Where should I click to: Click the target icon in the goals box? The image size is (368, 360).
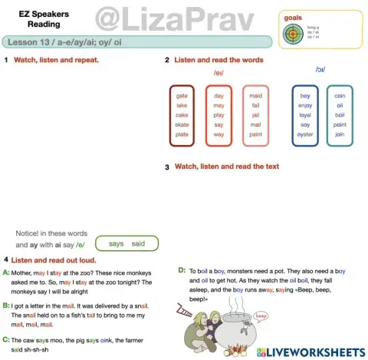(294, 34)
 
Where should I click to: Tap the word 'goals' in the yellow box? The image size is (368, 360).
(293, 17)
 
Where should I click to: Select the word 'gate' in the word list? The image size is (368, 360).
(182, 96)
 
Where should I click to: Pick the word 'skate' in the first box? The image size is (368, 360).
(182, 124)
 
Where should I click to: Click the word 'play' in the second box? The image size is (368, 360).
(219, 115)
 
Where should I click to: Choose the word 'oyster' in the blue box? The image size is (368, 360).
(305, 134)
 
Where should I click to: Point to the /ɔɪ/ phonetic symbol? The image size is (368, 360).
(320, 69)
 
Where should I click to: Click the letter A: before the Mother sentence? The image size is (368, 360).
(7, 273)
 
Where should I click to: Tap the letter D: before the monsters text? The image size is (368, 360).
(182, 270)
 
